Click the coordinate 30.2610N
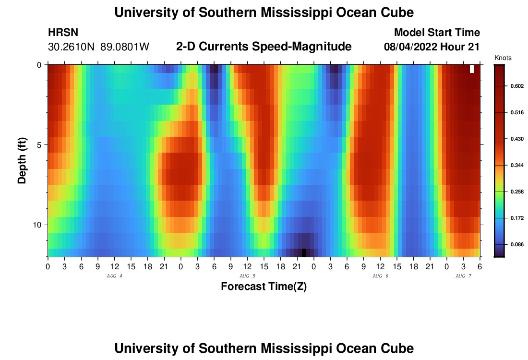tap(72, 47)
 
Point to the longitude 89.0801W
tap(125, 47)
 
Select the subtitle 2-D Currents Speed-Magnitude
tap(264, 47)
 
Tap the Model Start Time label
tap(437, 33)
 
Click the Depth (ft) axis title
tap(22, 161)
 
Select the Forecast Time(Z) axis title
tap(264, 287)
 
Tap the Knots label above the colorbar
tap(503, 58)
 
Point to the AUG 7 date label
tap(463, 276)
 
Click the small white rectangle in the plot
tap(472, 69)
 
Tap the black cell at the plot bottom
tap(304, 252)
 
